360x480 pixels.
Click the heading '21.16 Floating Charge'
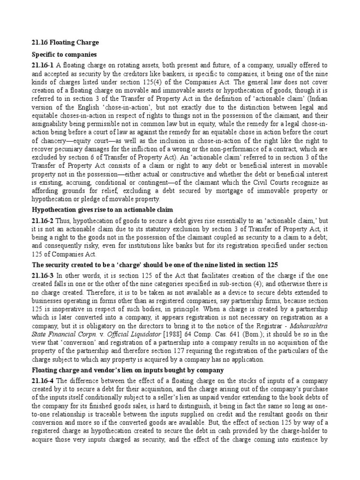pyautogui.click(x=65, y=43)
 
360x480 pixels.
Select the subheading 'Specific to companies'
pyautogui.click(x=65, y=55)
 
